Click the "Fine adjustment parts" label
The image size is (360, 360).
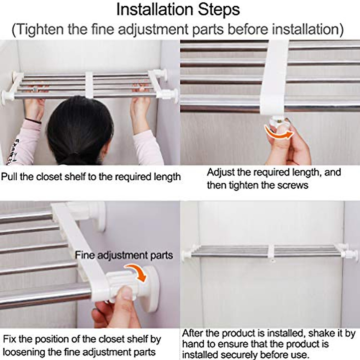(x=124, y=255)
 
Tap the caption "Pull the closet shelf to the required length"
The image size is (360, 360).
(x=91, y=177)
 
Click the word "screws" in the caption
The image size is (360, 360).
(x=293, y=185)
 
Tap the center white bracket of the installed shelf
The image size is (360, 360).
(x=272, y=253)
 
